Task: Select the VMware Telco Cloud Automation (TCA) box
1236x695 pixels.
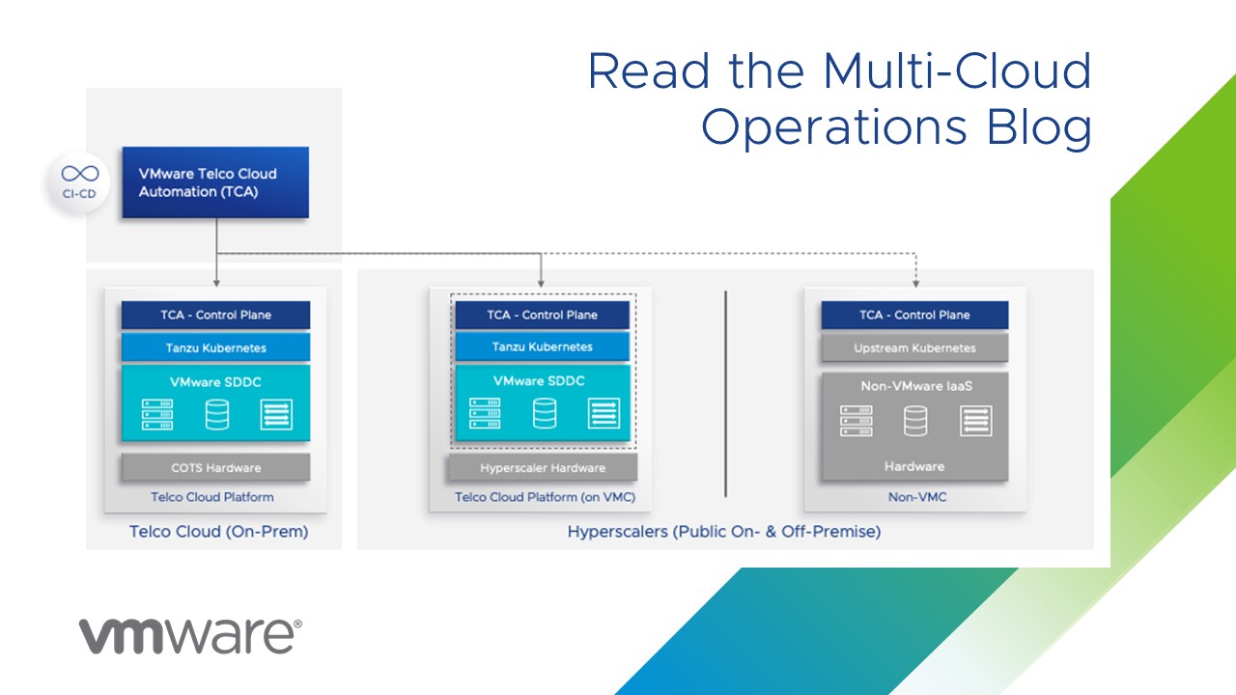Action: coord(214,182)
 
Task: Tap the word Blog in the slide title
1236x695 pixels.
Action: coord(1031,127)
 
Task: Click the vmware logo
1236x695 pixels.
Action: coord(189,635)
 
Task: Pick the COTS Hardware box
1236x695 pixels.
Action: coord(215,468)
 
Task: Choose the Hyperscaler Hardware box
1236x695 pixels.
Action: coord(542,468)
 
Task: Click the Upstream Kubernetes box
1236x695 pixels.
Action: coord(914,347)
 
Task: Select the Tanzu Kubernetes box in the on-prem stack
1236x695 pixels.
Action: coord(215,347)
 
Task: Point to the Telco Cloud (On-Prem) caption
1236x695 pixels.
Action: coord(218,532)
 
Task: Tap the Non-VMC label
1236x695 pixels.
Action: coord(913,497)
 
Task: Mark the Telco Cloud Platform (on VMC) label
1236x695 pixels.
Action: coord(546,497)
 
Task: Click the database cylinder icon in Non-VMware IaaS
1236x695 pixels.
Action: coord(915,421)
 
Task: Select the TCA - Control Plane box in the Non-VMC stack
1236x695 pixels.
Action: coord(914,315)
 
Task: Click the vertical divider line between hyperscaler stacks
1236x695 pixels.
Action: coord(725,394)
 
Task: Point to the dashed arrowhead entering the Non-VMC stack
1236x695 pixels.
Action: coord(915,283)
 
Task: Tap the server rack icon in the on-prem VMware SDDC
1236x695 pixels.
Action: coord(157,415)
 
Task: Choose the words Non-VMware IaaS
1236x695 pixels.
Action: coord(915,386)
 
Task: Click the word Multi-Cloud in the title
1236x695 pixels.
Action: coord(957,72)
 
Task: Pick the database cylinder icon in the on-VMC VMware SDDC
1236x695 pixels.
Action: coord(545,413)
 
